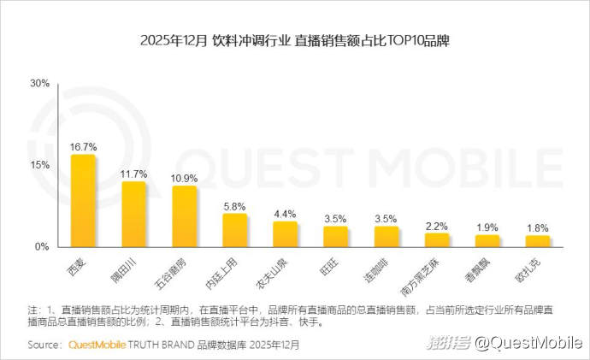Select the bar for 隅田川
point(133,215)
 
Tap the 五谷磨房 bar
point(184,217)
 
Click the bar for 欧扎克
point(537,241)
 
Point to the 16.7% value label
point(83,147)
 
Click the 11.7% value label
point(133,174)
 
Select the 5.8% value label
point(234,206)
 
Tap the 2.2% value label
point(436,226)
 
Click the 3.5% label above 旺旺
point(335,219)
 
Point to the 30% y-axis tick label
point(39,84)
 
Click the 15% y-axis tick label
point(39,165)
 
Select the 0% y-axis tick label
point(42,247)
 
